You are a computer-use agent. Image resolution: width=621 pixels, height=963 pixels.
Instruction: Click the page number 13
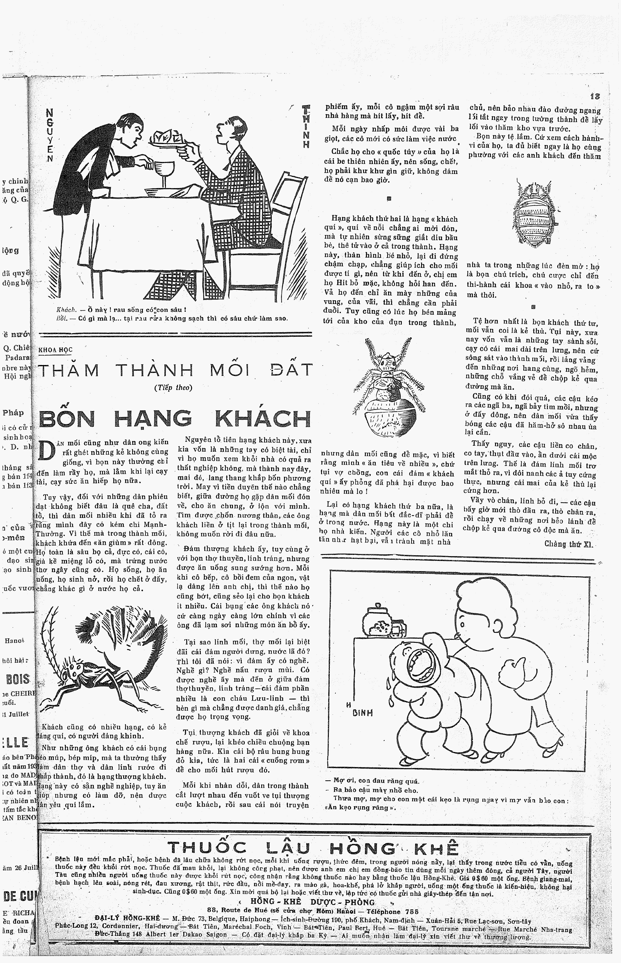594,97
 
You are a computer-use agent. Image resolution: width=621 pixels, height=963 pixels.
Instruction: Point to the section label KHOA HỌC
55,350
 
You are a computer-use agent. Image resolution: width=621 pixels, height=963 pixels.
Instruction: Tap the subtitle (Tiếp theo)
173,388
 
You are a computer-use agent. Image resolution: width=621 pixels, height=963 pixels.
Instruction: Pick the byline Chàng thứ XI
569,544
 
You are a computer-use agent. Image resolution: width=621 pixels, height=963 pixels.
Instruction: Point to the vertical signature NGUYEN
50,135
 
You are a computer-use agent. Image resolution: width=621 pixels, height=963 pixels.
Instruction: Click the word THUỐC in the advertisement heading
206,848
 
